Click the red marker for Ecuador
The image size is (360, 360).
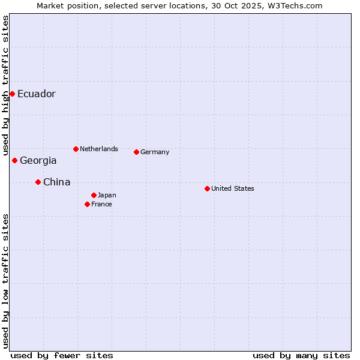(12, 94)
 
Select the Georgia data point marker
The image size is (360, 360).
(14, 160)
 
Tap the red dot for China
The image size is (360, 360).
(38, 182)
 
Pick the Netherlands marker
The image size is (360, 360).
(76, 149)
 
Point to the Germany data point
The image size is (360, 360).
(136, 152)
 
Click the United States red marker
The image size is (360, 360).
(207, 188)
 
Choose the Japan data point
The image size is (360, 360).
(94, 195)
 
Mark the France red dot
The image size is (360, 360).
(87, 204)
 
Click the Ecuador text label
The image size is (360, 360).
(37, 94)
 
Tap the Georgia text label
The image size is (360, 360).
(38, 160)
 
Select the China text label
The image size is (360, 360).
(57, 182)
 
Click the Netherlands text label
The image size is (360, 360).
(99, 149)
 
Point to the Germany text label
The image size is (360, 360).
(155, 152)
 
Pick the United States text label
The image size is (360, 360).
(233, 188)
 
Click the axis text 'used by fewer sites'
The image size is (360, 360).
(62, 355)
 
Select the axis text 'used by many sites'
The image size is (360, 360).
(301, 355)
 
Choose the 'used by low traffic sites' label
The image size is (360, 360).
(5, 281)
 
